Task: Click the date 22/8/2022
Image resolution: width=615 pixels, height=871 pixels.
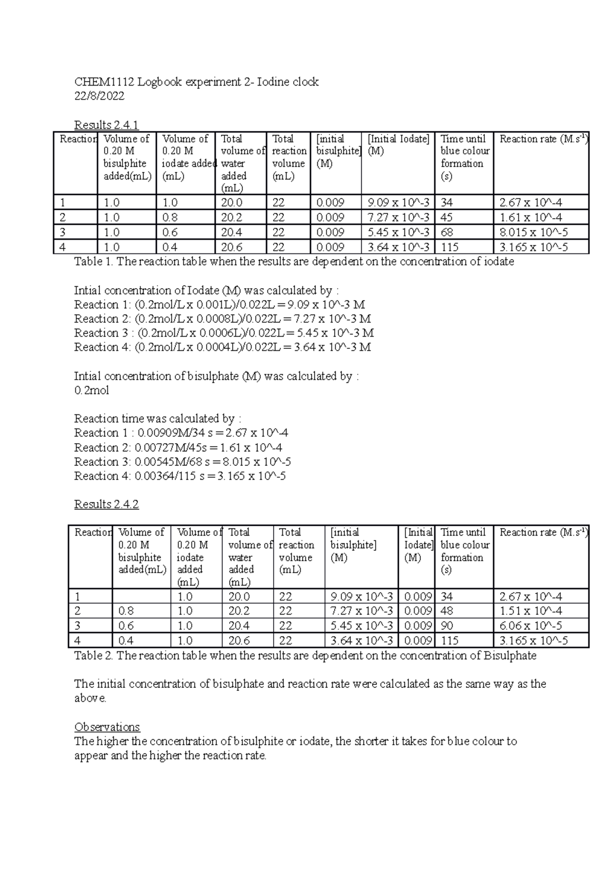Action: click(x=99, y=96)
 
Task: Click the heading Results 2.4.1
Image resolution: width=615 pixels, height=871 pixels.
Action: click(x=106, y=125)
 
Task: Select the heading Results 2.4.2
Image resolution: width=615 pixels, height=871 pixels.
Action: click(x=106, y=504)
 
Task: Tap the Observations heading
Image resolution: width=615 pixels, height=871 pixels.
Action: click(x=107, y=727)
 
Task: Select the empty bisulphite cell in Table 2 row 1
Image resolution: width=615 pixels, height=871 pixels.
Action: click(x=141, y=596)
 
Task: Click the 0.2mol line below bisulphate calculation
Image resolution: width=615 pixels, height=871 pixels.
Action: click(x=91, y=390)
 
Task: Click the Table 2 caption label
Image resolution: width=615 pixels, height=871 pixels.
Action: click(x=94, y=656)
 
